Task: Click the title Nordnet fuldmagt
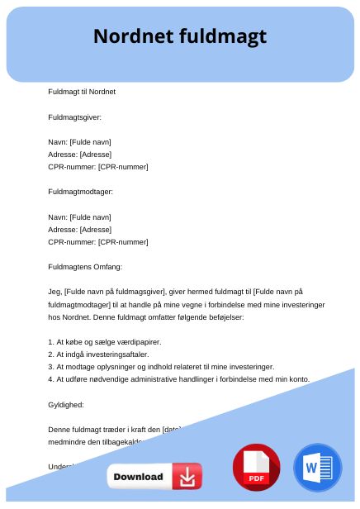[180, 36]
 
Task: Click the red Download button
[154, 477]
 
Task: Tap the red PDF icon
[257, 468]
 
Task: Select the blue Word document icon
[317, 468]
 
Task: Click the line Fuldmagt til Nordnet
[82, 91]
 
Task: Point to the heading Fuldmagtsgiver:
[75, 117]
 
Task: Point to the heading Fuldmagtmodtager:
[81, 192]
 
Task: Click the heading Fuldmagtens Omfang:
[85, 267]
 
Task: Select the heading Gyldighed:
[66, 404]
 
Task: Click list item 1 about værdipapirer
[105, 341]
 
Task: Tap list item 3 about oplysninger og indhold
[160, 366]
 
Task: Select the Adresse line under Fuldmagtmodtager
[79, 229]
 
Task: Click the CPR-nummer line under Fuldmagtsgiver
[98, 167]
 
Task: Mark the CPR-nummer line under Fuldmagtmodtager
[98, 242]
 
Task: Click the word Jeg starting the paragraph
[54, 292]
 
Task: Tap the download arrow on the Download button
[187, 477]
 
